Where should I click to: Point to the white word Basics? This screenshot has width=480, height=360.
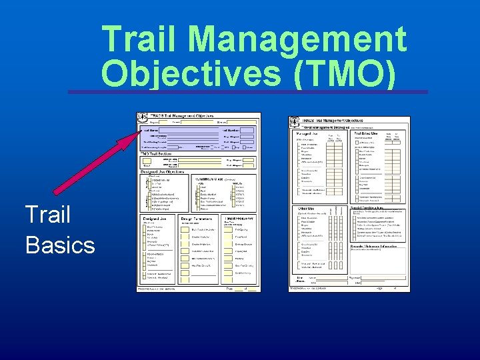pyautogui.click(x=60, y=245)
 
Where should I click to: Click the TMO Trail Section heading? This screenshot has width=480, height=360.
pyautogui.click(x=158, y=153)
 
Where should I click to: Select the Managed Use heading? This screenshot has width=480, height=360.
pyautogui.click(x=308, y=134)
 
